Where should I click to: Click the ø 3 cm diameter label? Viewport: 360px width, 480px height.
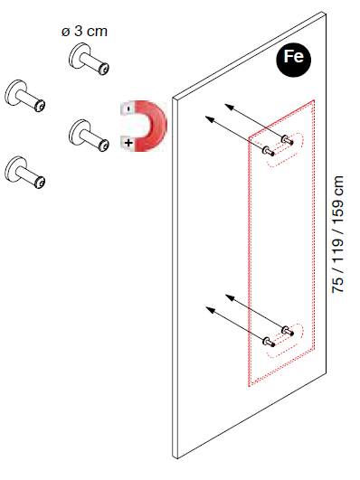[x=84, y=32]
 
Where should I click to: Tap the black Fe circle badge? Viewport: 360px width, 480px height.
[x=293, y=60]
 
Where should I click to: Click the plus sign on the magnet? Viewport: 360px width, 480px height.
[x=128, y=143]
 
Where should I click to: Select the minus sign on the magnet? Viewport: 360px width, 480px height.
[x=128, y=108]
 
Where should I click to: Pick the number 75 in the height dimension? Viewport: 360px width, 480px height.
[x=338, y=285]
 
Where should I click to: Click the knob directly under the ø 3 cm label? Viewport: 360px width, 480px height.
[x=89, y=59]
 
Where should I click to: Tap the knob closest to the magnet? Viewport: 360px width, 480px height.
[x=89, y=136]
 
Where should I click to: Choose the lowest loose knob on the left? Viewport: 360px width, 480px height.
[x=24, y=172]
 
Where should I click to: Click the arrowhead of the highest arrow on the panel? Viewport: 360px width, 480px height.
[x=229, y=107]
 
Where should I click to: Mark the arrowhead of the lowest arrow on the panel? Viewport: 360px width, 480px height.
[x=210, y=310]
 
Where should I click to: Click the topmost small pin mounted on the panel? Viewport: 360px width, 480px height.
[x=287, y=140]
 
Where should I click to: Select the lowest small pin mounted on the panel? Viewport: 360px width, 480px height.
[x=269, y=342]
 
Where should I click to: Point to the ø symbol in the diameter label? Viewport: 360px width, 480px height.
[x=65, y=32]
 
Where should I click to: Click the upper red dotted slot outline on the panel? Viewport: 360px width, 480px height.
[x=285, y=150]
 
